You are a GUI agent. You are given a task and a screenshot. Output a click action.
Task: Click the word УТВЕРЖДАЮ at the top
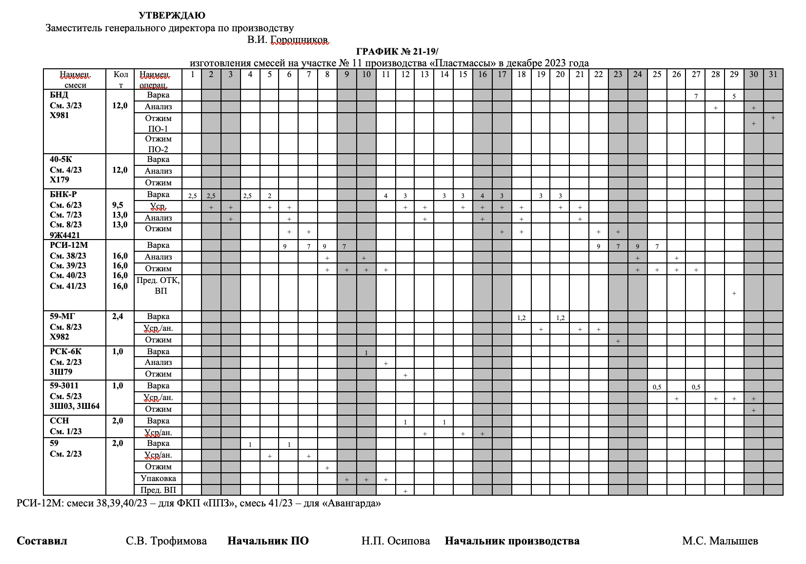tap(172, 16)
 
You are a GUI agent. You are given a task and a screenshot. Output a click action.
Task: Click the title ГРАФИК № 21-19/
tap(398, 51)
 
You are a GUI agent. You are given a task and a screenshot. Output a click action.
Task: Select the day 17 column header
tap(502, 75)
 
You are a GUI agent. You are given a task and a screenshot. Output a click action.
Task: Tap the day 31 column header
tap(773, 75)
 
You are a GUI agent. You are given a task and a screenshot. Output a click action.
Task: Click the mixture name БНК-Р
tap(63, 194)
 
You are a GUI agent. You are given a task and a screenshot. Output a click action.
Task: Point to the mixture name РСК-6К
tap(66, 351)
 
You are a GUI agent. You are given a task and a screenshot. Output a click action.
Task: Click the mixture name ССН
tap(60, 421)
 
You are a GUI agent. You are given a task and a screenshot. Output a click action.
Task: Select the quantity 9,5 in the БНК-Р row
tap(118, 205)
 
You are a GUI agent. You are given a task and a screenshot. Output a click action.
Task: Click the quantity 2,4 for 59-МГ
tap(118, 316)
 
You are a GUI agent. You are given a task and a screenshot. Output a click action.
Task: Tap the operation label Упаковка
tap(158, 478)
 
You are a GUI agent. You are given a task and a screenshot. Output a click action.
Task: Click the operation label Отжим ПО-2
tap(158, 144)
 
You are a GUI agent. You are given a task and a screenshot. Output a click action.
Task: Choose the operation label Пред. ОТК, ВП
tap(158, 285)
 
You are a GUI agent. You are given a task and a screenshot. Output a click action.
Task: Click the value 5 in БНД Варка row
tap(734, 97)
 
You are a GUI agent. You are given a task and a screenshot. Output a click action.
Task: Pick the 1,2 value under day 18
tap(521, 318)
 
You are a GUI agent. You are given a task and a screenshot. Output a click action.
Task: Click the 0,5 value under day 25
tap(657, 387)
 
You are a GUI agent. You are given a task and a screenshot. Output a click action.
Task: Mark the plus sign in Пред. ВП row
tap(405, 491)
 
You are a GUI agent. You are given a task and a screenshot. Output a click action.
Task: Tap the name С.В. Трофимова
tap(166, 541)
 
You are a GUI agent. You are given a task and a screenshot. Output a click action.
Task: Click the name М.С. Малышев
tap(720, 541)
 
